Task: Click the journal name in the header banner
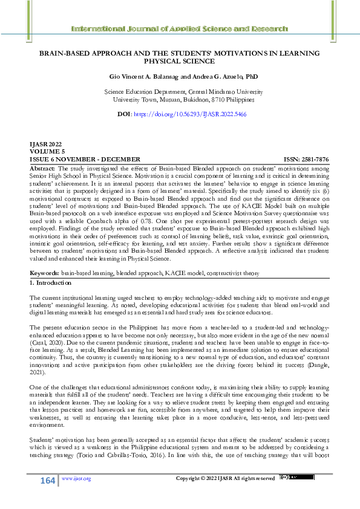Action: coord(180,28)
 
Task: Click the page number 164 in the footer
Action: coord(47,479)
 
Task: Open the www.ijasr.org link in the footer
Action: coord(76,479)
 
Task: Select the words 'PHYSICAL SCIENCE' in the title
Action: coord(180,61)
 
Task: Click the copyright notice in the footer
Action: coord(225,479)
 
